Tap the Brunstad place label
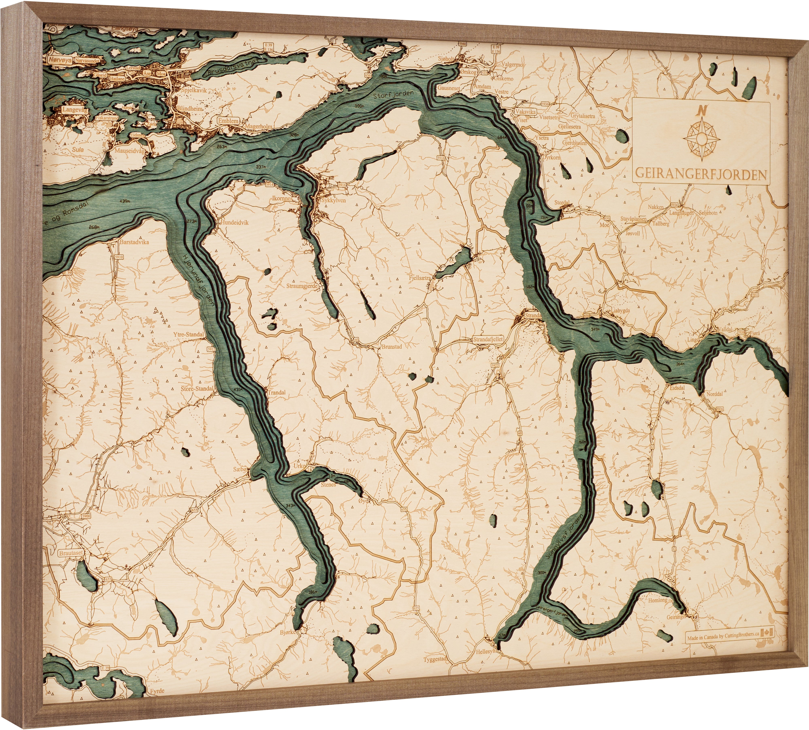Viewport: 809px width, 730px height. [x=392, y=347]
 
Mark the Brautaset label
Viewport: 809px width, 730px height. [x=71, y=553]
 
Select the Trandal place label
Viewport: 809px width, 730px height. [x=277, y=392]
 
